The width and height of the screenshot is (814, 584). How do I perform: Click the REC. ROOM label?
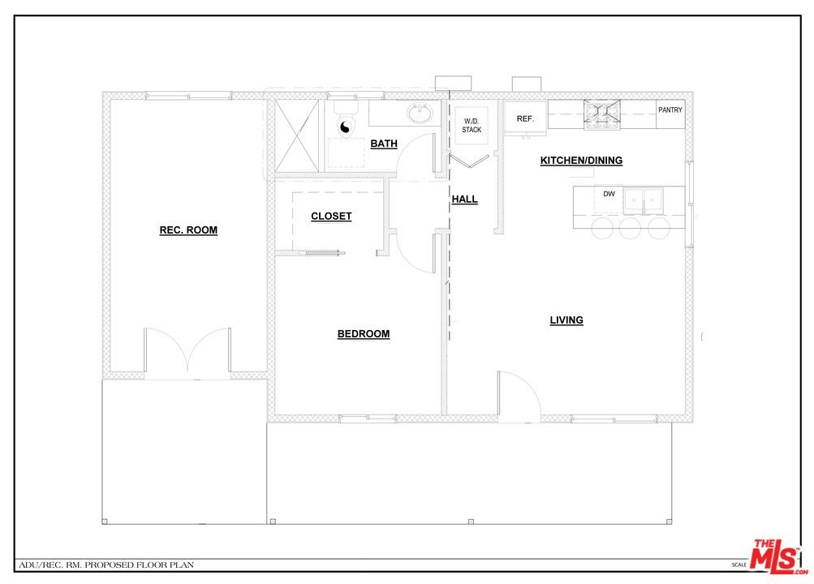point(188,230)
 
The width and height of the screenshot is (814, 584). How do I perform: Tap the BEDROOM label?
point(363,334)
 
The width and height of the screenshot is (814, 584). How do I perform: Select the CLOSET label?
point(331,217)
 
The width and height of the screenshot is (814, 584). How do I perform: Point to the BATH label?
point(384,144)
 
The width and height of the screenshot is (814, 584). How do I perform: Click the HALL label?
point(464,200)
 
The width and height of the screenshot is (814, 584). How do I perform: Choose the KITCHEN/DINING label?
point(581,161)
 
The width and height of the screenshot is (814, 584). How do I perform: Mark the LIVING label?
point(566,320)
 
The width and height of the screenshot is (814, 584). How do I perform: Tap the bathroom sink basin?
point(420,114)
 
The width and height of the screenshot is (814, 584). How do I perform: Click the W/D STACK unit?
point(472,125)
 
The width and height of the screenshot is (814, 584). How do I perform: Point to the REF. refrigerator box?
point(525,119)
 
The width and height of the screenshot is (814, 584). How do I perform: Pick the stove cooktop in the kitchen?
point(602,114)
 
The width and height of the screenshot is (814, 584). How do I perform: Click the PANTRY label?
point(670,110)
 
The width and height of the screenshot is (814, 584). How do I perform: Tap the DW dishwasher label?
point(609,194)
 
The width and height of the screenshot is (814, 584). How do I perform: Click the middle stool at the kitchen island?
point(631,228)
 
